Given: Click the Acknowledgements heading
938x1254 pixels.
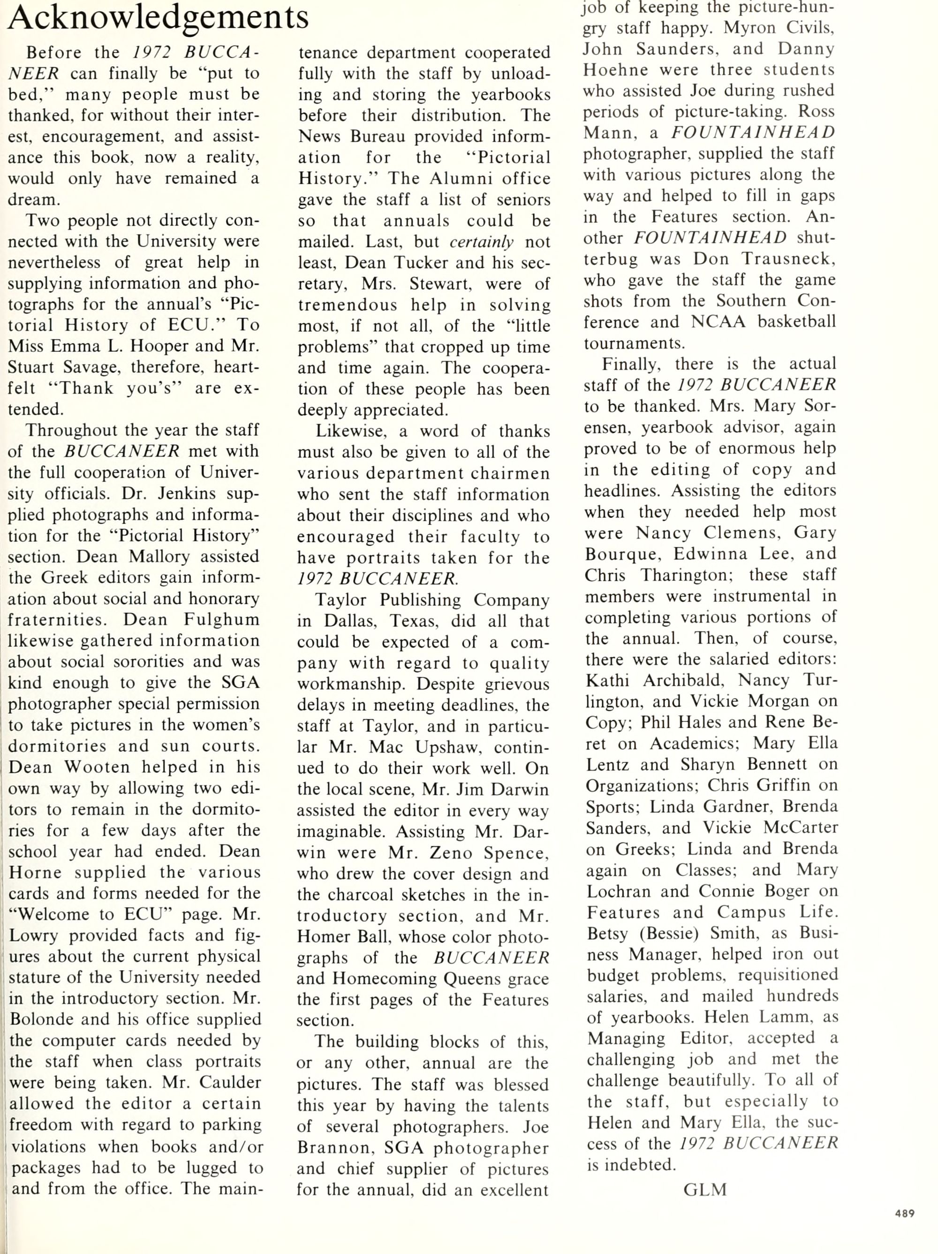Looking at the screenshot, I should point(158,17).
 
